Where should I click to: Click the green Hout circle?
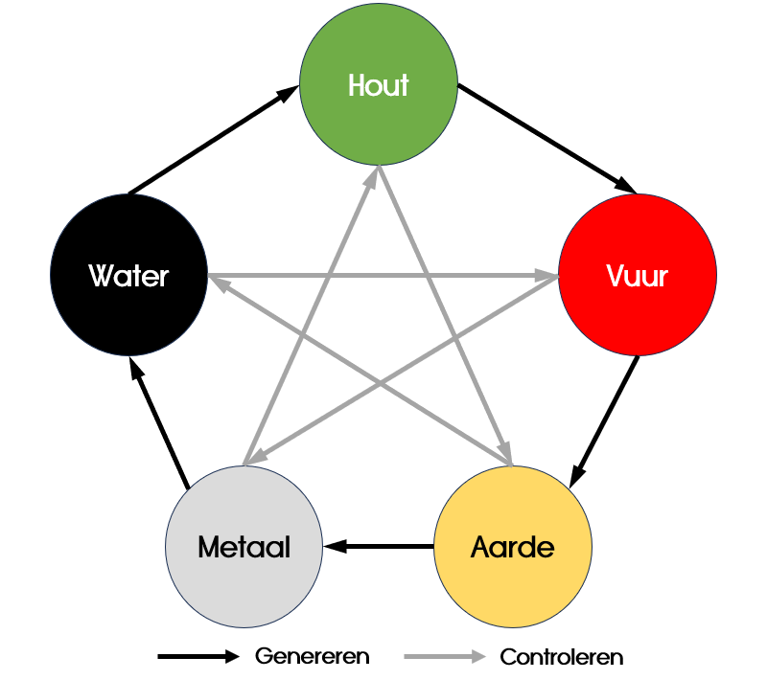[x=379, y=86]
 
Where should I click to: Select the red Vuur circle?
[x=638, y=277]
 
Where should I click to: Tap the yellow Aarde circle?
[x=513, y=547]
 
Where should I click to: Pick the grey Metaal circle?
[x=244, y=547]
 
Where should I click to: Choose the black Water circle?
[x=128, y=277]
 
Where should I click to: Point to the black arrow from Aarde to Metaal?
[x=380, y=547]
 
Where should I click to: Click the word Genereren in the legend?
[x=313, y=657]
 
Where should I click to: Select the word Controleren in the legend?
[x=562, y=657]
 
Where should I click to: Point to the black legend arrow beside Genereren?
[x=198, y=657]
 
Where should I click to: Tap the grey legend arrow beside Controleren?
[x=445, y=657]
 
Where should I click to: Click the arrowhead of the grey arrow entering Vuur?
[x=549, y=277]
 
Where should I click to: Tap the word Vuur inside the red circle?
[x=638, y=277]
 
